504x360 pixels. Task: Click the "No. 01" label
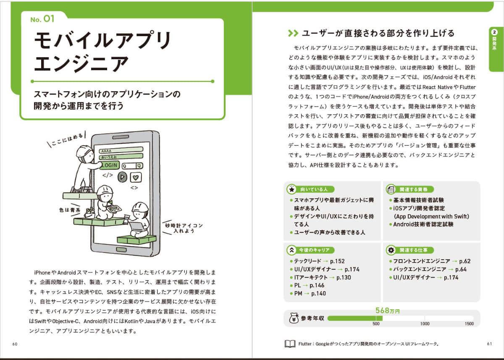pyautogui.click(x=42, y=18)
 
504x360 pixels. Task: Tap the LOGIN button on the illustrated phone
pyautogui.click(x=108, y=165)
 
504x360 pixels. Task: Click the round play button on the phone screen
pyautogui.click(x=123, y=177)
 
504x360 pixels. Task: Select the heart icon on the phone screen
pyautogui.click(x=136, y=177)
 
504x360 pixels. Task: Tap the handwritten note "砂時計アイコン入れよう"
pyautogui.click(x=184, y=228)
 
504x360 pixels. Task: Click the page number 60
pyautogui.click(x=15, y=344)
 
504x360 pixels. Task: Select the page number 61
pyautogui.click(x=489, y=344)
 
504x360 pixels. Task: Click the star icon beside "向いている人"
pyautogui.click(x=291, y=189)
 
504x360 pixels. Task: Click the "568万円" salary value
pyautogui.click(x=388, y=311)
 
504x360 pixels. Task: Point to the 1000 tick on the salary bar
pyautogui.click(x=425, y=323)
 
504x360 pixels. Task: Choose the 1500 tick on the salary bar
pyautogui.click(x=469, y=323)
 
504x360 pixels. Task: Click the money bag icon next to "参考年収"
pyautogui.click(x=293, y=318)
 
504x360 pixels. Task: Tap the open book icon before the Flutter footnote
pyautogui.click(x=290, y=344)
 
